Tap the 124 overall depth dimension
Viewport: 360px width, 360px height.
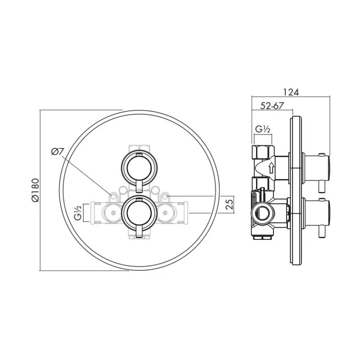pyautogui.click(x=291, y=92)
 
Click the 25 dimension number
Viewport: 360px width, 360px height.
pyautogui.click(x=229, y=205)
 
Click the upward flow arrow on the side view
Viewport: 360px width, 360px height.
pyautogui.click(x=271, y=169)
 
